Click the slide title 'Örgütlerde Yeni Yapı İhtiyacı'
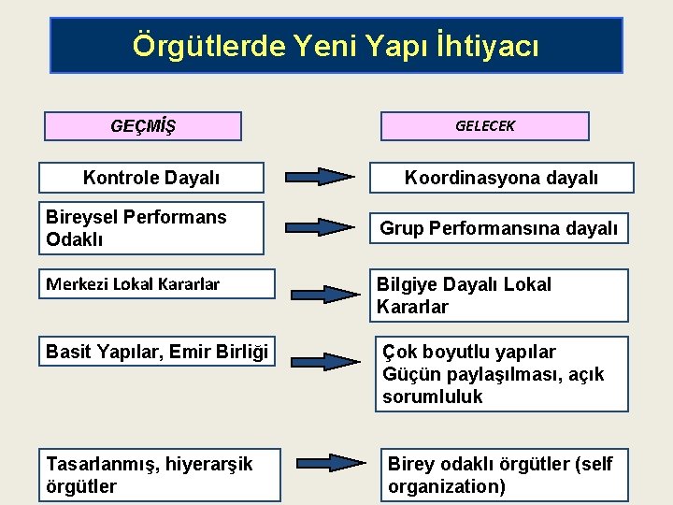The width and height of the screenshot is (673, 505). coord(336,45)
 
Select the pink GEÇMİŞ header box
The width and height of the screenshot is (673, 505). coord(143,126)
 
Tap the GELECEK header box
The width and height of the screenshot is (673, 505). coord(484,126)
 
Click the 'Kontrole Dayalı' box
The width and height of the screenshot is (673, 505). coord(151,178)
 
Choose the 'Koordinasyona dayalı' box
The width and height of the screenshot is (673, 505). coord(501,178)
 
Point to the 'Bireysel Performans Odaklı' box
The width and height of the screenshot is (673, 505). coord(151,228)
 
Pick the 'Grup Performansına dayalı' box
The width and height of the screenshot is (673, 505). coord(498,228)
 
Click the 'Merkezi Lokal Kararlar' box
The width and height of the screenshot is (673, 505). coord(157,284)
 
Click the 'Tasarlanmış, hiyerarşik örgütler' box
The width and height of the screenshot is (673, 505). coord(160,475)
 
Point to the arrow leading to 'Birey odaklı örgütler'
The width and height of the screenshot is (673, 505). coord(332,463)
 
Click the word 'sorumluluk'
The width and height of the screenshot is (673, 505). coord(433,397)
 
